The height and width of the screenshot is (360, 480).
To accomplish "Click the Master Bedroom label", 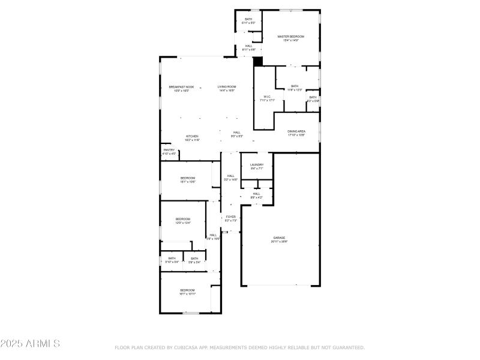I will click(x=290, y=37).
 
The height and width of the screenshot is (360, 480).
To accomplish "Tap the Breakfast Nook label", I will click(x=181, y=87).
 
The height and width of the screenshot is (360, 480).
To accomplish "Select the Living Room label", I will click(x=227, y=87).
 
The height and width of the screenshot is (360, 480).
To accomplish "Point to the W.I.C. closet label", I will click(x=268, y=97).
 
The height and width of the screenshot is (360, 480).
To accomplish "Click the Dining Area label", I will click(x=296, y=131).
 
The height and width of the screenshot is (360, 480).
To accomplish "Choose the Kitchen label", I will click(x=192, y=136).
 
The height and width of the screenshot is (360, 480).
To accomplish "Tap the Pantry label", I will click(x=169, y=150).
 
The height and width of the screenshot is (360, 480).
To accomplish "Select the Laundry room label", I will click(x=257, y=164).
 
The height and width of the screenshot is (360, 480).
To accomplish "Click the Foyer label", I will click(x=230, y=217).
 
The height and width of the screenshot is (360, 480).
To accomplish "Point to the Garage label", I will click(x=280, y=238).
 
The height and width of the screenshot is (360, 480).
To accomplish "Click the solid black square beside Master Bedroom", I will click(x=259, y=61).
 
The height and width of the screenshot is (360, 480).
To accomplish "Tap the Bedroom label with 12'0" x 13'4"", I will click(x=182, y=219).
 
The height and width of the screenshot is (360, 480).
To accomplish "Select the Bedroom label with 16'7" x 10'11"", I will click(x=187, y=290).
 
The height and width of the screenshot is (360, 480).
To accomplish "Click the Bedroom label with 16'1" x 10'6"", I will click(x=188, y=178).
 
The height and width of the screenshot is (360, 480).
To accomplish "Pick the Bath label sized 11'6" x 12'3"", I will click(x=295, y=86).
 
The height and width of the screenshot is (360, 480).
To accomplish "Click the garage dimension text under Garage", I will click(x=280, y=242).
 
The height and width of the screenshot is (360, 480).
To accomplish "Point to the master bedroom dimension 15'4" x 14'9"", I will click(x=290, y=40).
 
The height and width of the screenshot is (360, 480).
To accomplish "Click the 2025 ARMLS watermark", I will click(x=30, y=344).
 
